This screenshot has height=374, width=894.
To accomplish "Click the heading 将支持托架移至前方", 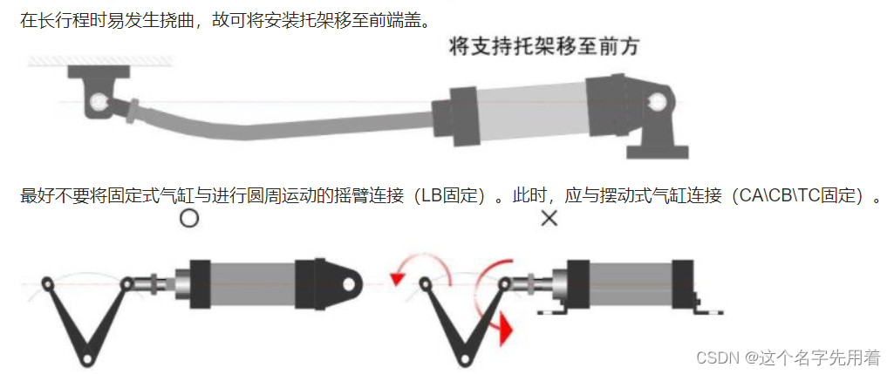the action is click(x=544, y=46).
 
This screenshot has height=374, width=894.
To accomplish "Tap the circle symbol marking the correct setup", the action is click(x=189, y=218).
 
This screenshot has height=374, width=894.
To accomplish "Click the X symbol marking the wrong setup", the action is click(x=549, y=218).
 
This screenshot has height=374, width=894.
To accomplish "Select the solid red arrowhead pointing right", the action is click(x=506, y=329).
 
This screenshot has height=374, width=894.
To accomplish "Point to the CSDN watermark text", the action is click(x=788, y=357).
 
